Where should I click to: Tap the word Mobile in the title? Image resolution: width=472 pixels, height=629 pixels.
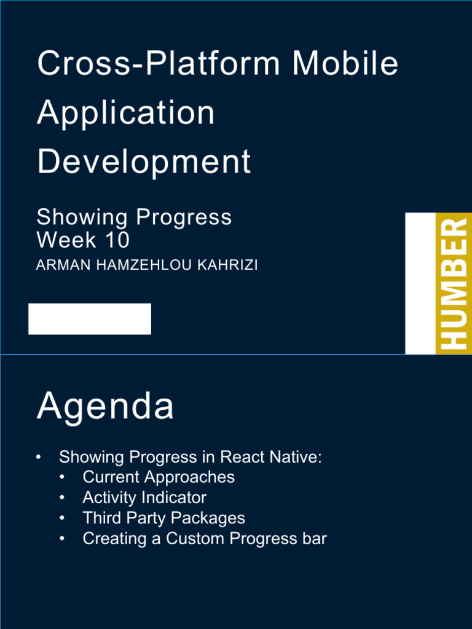tap(345, 64)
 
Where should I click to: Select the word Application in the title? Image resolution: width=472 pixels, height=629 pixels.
tap(126, 113)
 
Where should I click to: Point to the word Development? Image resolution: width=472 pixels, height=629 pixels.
tap(144, 162)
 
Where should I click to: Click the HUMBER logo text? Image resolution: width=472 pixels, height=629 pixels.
tap(454, 284)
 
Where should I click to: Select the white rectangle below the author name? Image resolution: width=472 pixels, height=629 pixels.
tap(90, 319)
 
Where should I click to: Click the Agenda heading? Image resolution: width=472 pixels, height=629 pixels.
tap(105, 407)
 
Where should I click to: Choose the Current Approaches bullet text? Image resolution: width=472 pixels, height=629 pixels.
tap(159, 477)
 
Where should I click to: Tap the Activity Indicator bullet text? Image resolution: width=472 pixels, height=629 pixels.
tap(144, 498)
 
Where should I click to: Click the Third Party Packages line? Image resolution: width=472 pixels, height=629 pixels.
tap(163, 518)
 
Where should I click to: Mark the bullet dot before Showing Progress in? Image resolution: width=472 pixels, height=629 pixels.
tap(38, 458)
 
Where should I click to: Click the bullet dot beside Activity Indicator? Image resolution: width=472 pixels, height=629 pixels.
tap(62, 498)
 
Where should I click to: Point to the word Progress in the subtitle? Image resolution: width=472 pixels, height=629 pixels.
tap(184, 217)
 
